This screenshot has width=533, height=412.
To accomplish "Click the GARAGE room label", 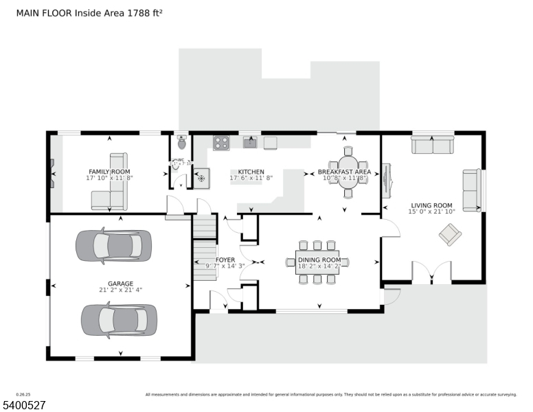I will coord(120,284).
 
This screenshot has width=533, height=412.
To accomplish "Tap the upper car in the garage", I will coord(113,245).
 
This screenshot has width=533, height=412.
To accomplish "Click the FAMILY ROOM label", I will coord(109,172).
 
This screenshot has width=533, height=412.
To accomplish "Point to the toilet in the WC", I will coord(181,143).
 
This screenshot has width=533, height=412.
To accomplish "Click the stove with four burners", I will coord(221,143).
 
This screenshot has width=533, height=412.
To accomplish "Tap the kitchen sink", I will coord(249,143).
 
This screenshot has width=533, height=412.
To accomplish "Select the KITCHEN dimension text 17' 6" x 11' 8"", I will coord(251,178).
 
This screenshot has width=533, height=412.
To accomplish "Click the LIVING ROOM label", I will coord(431,205).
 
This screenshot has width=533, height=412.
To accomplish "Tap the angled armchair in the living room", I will coord(450,235).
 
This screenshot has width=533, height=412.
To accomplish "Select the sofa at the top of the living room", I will coord(432,146).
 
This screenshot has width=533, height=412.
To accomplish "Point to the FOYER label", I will coord(225,260).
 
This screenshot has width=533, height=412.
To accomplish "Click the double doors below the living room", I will coord(431,273).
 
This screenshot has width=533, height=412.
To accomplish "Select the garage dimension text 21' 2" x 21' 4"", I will coord(120,290).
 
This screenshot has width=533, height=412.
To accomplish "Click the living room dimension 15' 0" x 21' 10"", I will coord(431,211).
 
